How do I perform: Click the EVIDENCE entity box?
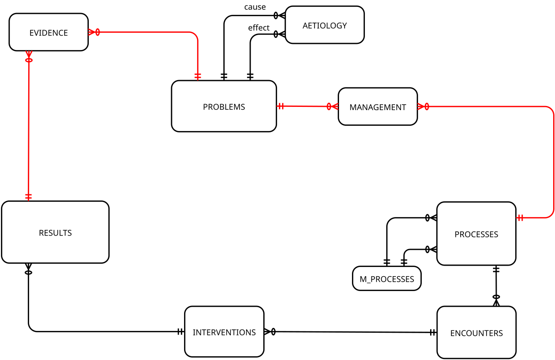[49, 32]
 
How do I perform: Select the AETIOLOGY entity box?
[325, 25]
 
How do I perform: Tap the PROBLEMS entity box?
[224, 106]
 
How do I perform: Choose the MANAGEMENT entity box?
[377, 107]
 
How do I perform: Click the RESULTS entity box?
[55, 232]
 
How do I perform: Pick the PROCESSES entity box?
[476, 234]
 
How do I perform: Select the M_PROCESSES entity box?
[387, 279]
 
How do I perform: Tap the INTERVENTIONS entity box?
[224, 332]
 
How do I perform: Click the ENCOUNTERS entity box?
[476, 333]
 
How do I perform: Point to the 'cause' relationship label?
[255, 7]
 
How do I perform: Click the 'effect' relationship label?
[259, 28]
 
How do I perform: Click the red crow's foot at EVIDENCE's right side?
[93, 32]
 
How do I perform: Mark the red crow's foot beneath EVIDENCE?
[29, 57]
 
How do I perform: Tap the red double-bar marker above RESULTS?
[28, 197]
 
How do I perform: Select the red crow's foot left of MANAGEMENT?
[333, 107]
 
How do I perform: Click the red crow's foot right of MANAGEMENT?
[423, 106]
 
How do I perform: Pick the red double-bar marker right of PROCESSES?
[521, 217]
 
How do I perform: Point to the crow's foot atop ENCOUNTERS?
[496, 300]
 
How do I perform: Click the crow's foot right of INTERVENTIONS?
[270, 332]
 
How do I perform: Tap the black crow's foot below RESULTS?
[28, 269]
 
